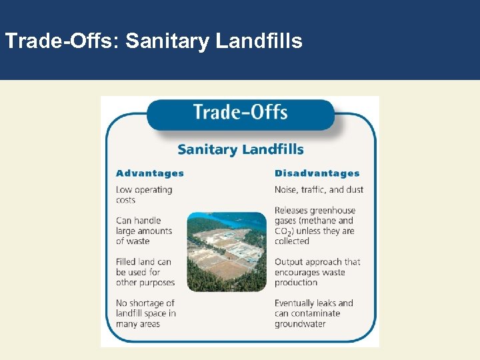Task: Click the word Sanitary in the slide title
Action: click(x=167, y=41)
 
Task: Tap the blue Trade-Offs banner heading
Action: click(x=240, y=112)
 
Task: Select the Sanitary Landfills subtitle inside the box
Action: click(x=240, y=149)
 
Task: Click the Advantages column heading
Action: click(x=150, y=173)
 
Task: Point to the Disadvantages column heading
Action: click(x=317, y=173)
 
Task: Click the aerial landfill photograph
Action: click(x=227, y=252)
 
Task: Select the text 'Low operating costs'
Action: click(x=144, y=195)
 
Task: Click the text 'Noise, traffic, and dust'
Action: click(x=319, y=189)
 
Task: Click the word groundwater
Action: click(x=301, y=324)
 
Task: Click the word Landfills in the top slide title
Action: click(x=259, y=41)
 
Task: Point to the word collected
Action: click(x=292, y=241)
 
